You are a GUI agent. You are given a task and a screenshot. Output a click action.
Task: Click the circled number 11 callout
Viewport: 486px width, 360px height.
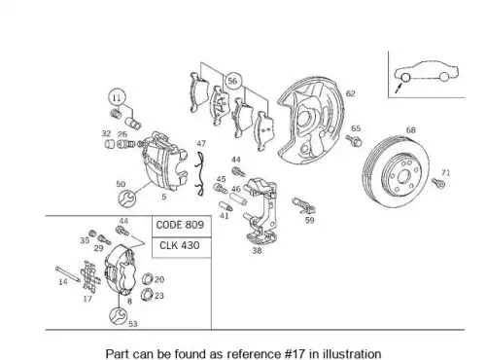click(117, 97)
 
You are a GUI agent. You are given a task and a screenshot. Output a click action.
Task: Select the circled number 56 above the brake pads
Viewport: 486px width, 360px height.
click(232, 81)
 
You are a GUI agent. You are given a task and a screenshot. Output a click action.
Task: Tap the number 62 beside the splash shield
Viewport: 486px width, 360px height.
click(351, 93)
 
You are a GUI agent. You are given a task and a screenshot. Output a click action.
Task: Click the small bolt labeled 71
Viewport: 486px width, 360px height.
click(438, 183)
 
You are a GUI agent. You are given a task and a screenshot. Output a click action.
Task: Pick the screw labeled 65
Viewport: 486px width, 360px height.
click(354, 140)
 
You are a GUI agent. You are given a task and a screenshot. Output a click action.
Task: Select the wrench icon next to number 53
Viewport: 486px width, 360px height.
click(118, 316)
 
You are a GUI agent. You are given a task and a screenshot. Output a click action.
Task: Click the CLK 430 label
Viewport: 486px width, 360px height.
click(180, 245)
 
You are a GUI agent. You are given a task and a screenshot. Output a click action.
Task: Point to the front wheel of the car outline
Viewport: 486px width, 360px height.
click(405, 77)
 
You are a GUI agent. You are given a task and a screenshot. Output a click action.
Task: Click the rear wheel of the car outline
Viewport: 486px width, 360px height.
click(444, 77)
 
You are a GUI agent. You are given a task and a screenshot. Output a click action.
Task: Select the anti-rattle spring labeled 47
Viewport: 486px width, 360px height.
click(200, 173)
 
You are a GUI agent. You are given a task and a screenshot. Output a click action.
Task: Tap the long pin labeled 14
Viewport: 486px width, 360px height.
click(68, 274)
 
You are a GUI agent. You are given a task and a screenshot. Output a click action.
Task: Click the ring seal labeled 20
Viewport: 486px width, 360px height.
click(148, 278)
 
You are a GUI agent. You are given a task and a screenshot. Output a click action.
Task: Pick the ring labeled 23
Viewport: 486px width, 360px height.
click(147, 294)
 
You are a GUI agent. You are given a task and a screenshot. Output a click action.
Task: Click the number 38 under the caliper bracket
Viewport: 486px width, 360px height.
click(257, 251)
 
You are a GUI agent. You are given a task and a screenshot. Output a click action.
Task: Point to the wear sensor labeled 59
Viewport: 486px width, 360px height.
click(303, 205)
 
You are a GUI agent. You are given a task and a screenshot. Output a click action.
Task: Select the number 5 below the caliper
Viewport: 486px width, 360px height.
click(164, 197)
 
